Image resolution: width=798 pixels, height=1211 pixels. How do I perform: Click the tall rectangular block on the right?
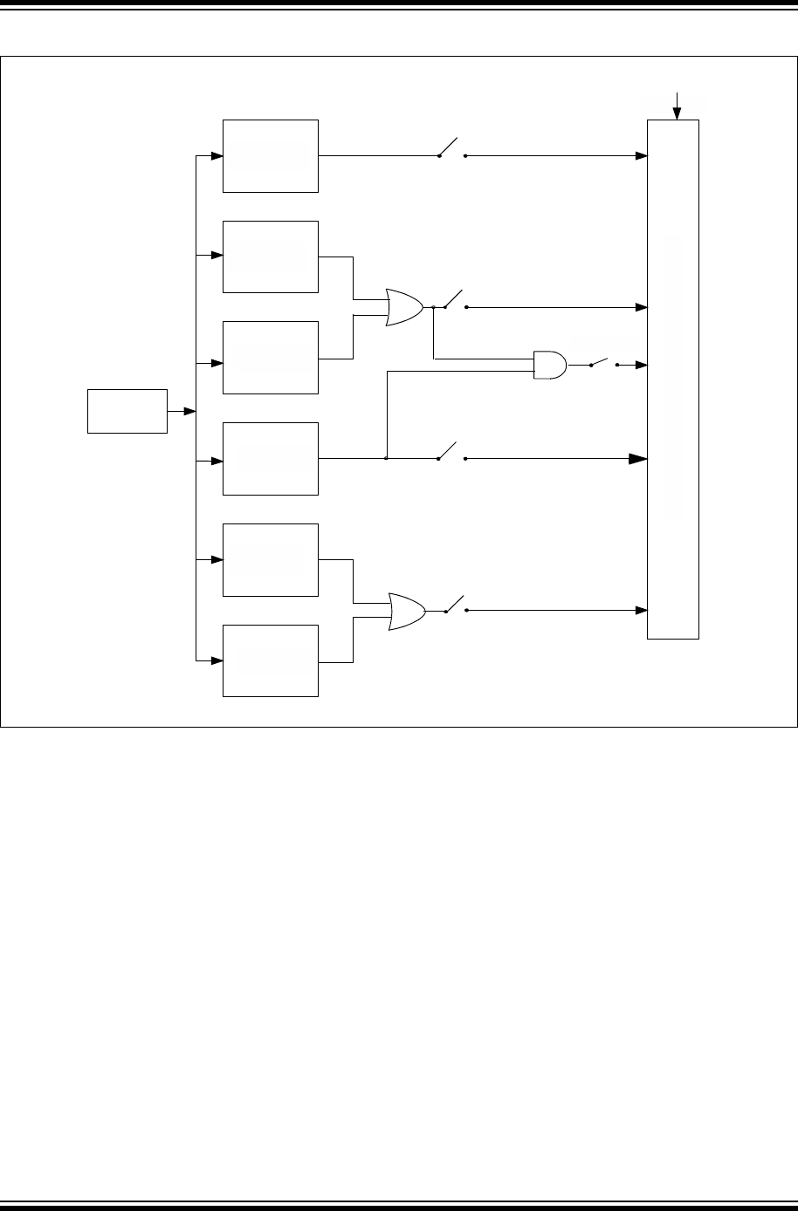pyautogui.click(x=672, y=379)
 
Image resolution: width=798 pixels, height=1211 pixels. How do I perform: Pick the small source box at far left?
pyautogui.click(x=127, y=411)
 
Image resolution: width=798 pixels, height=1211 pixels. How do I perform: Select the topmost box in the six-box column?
pyautogui.click(x=271, y=156)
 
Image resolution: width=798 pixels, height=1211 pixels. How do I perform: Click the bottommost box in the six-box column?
pyautogui.click(x=271, y=660)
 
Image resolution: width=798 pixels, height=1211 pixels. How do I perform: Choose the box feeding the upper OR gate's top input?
pyautogui.click(x=271, y=257)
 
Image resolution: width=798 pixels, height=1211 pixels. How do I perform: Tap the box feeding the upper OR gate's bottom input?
pyautogui.click(x=271, y=358)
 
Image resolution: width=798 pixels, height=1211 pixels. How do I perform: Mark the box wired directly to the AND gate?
pyautogui.click(x=271, y=458)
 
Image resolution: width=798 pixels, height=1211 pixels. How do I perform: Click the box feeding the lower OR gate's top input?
pyautogui.click(x=271, y=560)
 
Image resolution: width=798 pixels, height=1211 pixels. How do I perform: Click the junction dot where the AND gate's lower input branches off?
pyautogui.click(x=386, y=458)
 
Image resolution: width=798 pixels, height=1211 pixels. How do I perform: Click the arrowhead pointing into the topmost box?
pyautogui.click(x=217, y=156)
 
